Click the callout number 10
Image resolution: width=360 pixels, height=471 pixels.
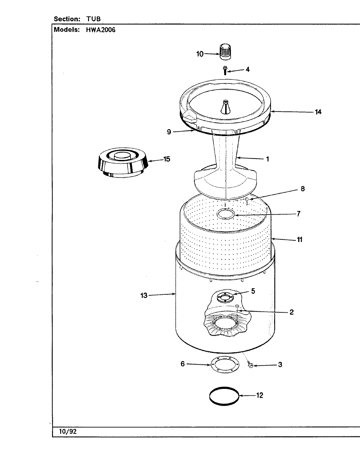(200, 54)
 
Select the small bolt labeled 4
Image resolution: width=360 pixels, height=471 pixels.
(225, 70)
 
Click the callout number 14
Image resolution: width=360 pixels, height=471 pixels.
(318, 112)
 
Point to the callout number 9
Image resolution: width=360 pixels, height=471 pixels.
(169, 132)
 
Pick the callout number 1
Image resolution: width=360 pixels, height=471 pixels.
(267, 159)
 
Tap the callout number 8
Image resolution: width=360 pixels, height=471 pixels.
(302, 188)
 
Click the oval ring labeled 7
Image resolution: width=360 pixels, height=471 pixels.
(226, 214)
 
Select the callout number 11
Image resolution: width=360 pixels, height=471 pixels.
(299, 239)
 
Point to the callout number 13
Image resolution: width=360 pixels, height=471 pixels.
(144, 295)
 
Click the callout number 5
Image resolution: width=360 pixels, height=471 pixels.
(253, 291)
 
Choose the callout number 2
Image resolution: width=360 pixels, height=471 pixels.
(291, 312)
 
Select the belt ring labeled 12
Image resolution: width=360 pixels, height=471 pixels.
(224, 396)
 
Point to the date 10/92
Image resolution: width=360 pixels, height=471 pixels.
(68, 431)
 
